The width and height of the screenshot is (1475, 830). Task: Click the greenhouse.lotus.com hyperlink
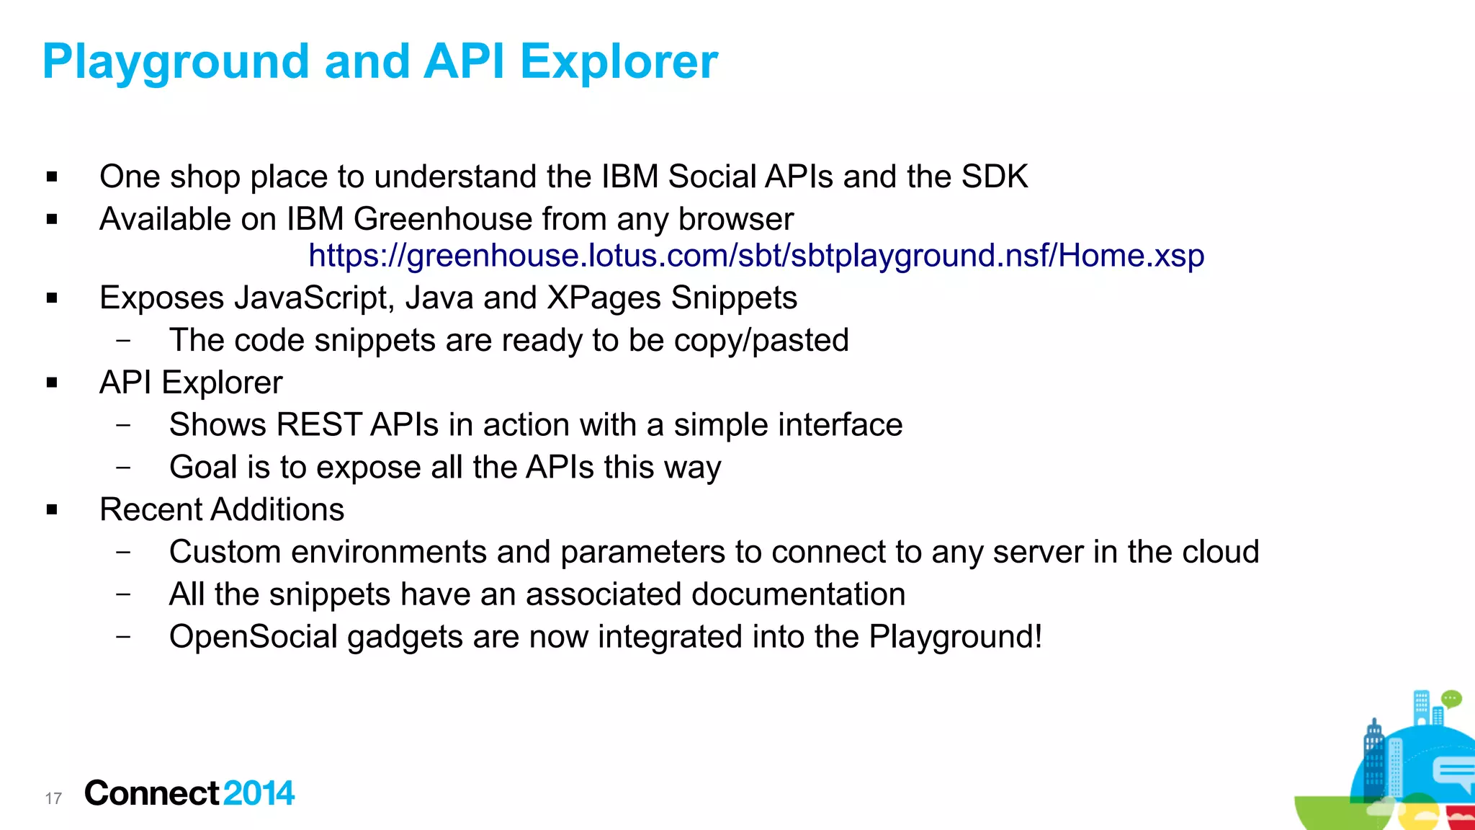[756, 256]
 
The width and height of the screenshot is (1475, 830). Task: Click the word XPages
[604, 298]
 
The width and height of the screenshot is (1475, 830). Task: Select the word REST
[318, 425]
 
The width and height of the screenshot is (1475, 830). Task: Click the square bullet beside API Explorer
[52, 383]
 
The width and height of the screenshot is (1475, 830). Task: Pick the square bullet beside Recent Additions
[52, 510]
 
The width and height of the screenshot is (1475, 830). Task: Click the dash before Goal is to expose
[124, 467]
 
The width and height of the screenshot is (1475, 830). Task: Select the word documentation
[798, 594]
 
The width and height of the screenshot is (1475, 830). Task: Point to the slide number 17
[53, 798]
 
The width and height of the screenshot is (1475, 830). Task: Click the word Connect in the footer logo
[151, 793]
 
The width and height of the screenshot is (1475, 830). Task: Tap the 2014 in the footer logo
[259, 793]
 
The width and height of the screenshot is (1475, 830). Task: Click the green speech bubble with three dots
[1451, 699]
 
